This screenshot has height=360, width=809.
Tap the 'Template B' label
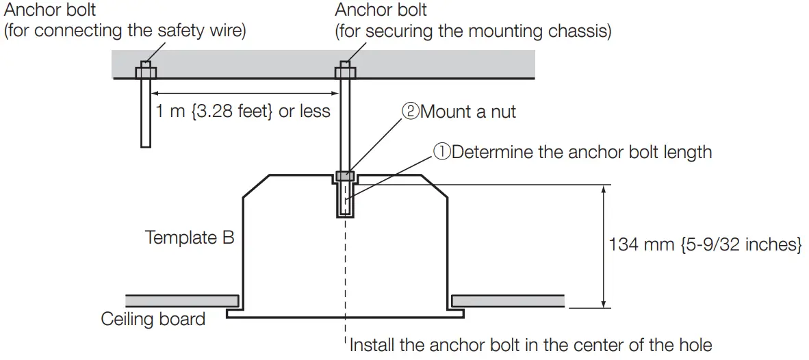coord(190,237)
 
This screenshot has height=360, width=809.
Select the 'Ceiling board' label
coord(153,319)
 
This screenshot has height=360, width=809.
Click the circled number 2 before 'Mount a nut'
coord(410,112)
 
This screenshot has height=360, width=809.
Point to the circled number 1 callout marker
coord(441,152)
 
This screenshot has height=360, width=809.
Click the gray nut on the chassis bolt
coord(345,177)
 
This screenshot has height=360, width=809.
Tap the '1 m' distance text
coord(170,111)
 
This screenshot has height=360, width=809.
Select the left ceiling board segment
coord(182,300)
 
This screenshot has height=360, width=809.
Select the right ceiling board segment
coord(507,300)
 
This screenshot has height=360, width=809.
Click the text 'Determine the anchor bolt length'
coord(582,152)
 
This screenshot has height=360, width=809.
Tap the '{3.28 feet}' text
coord(231,111)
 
